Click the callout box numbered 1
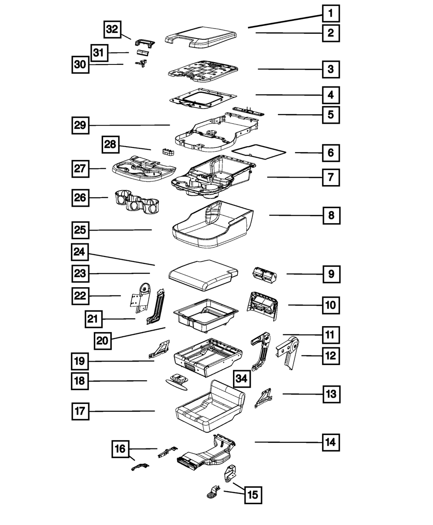(x=330, y=13)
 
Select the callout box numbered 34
(x=242, y=379)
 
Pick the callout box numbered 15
(x=253, y=495)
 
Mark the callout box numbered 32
(x=112, y=29)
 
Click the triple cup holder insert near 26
(x=136, y=202)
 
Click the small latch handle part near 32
(x=144, y=42)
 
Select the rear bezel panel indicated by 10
(x=262, y=305)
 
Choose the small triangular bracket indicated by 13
(x=263, y=398)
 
